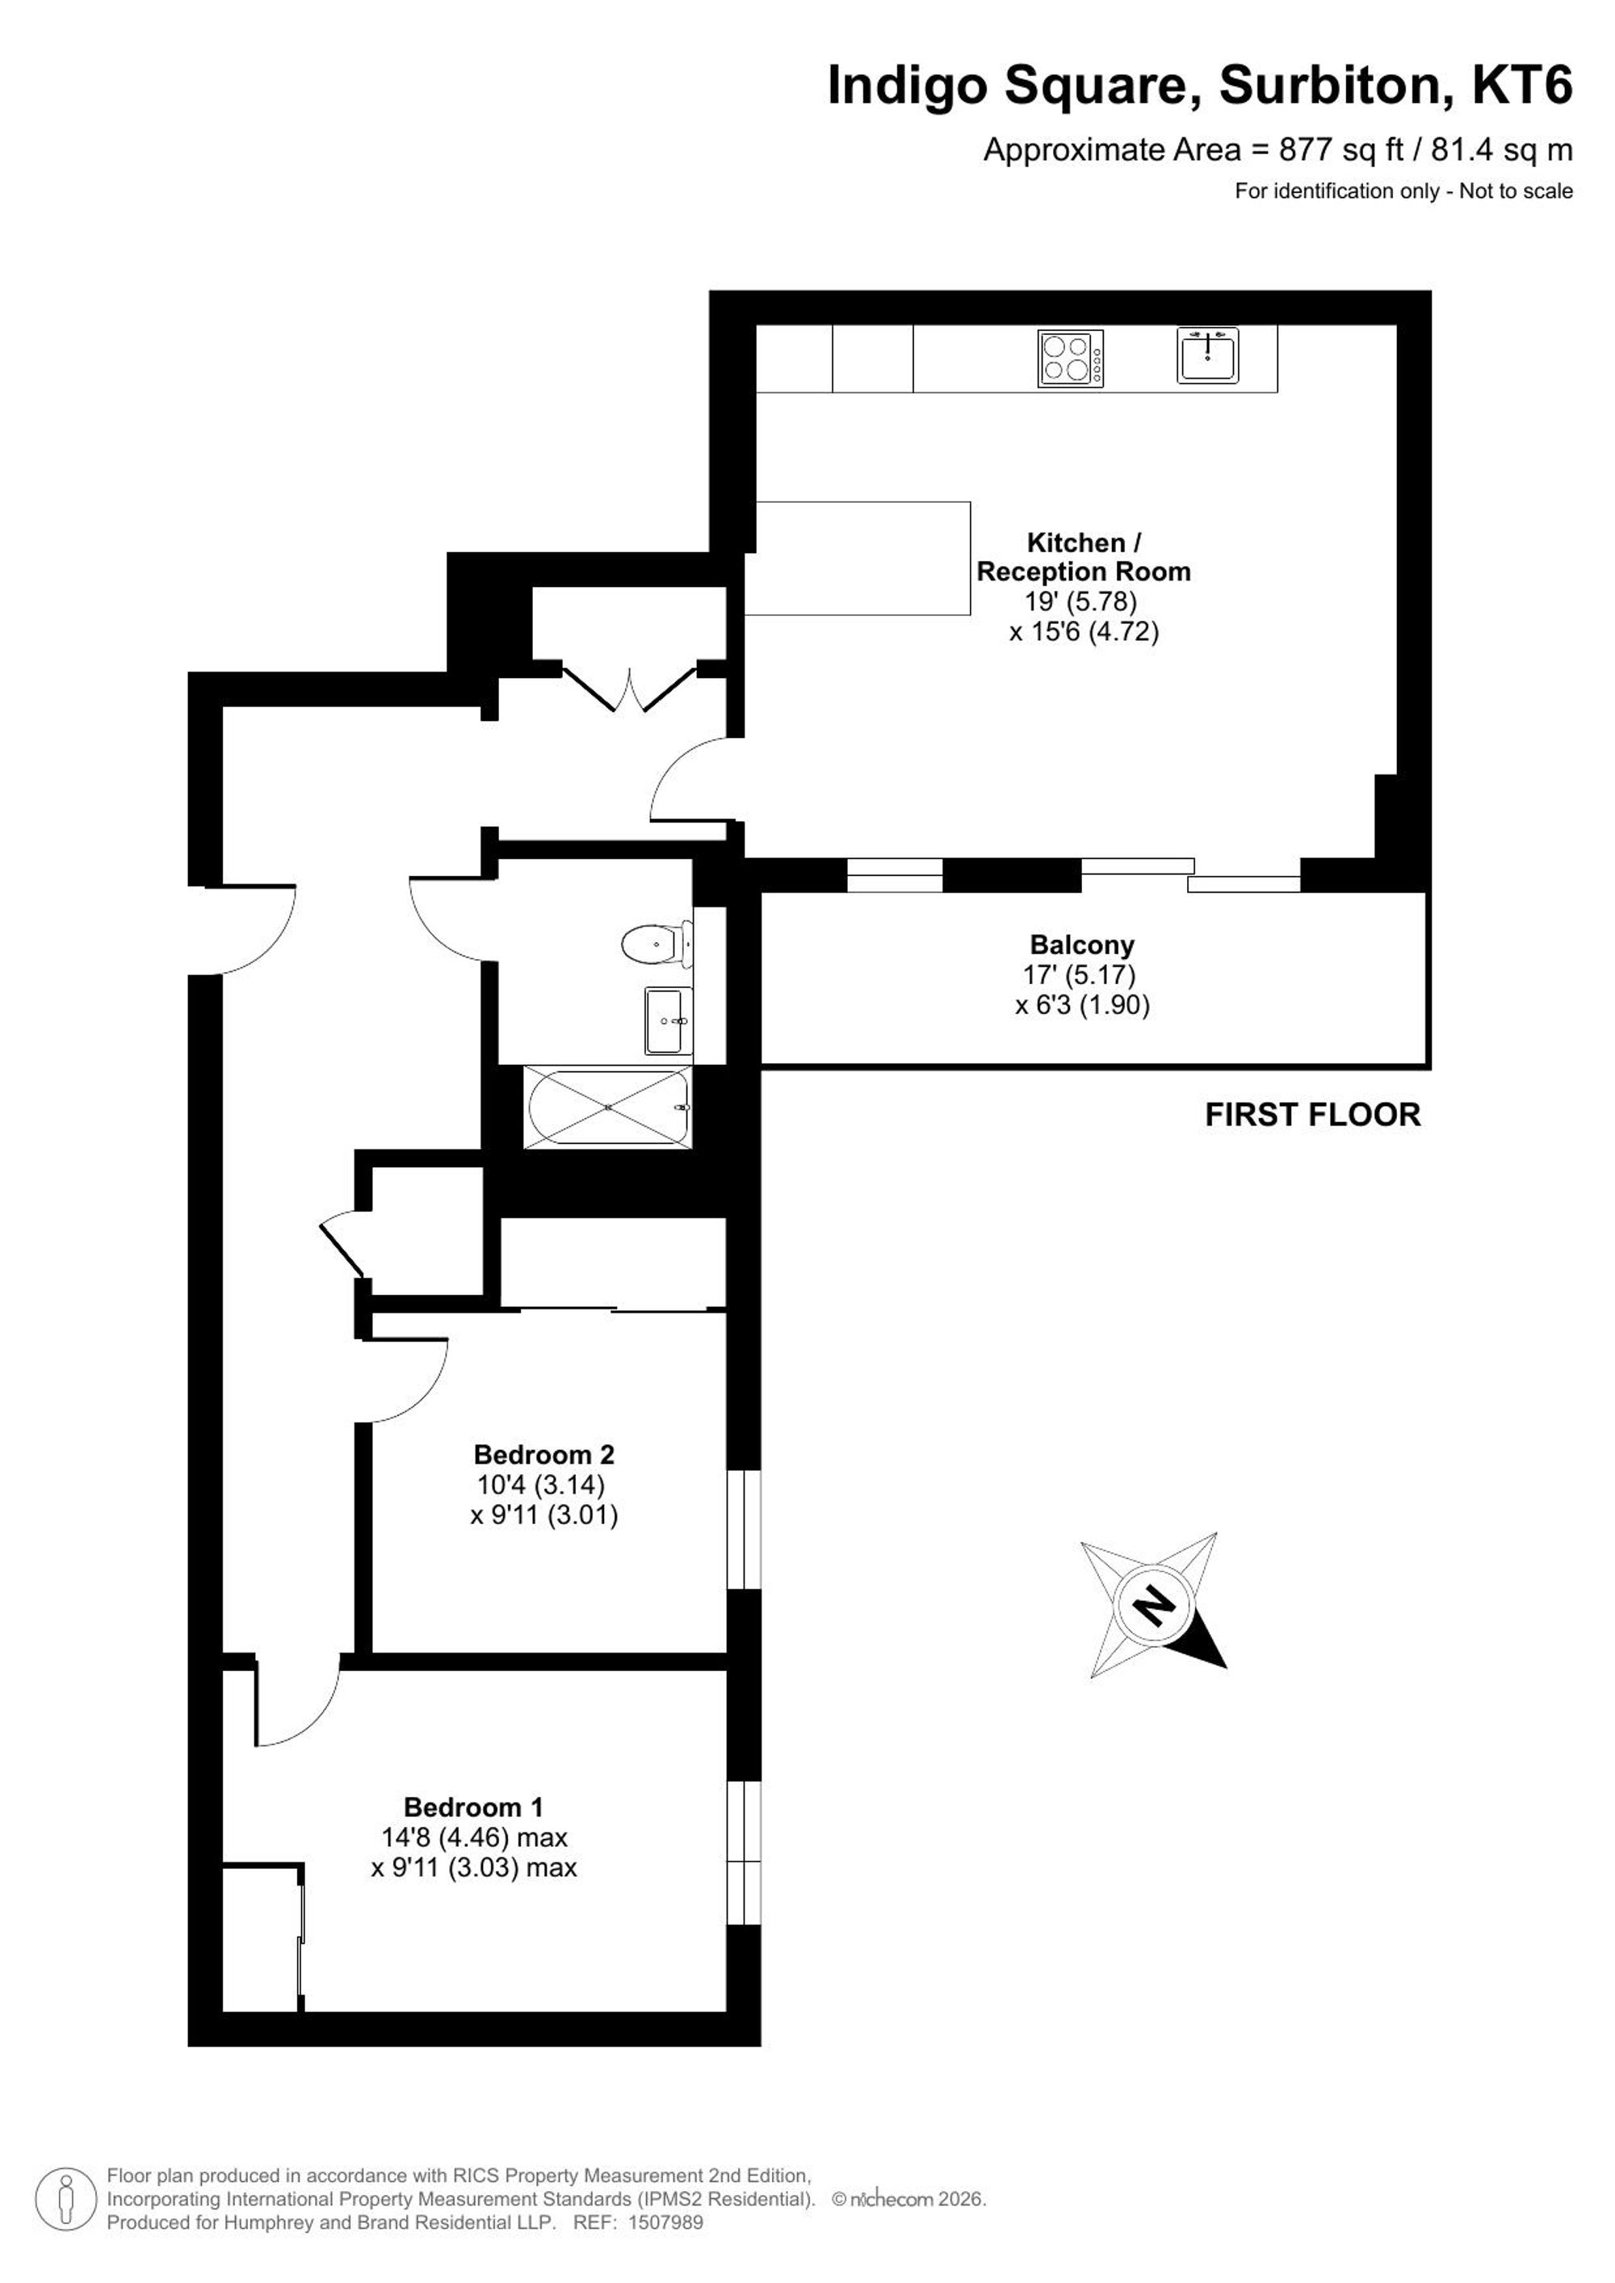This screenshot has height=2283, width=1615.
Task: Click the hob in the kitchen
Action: (1070, 358)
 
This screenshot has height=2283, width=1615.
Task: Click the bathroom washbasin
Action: (669, 1020)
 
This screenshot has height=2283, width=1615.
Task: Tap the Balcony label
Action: (1082, 945)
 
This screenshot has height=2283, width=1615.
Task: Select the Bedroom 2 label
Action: (544, 1455)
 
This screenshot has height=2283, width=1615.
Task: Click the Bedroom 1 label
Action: (474, 1807)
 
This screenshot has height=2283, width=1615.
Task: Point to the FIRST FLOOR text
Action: (1313, 1115)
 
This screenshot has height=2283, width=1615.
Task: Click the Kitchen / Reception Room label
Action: (1084, 557)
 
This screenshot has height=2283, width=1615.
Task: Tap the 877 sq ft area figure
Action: (1341, 150)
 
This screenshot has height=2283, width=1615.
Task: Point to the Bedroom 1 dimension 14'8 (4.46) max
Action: (474, 1837)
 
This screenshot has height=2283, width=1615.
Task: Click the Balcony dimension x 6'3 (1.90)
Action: (1082, 1005)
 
